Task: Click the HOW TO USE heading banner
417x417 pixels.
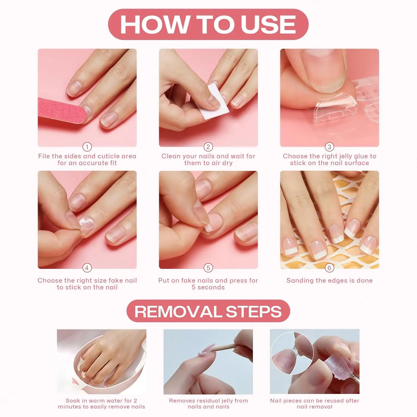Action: tap(208, 24)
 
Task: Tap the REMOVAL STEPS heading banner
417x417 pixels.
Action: tap(208, 311)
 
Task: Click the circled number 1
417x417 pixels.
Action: tap(87, 147)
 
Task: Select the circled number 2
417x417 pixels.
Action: tap(208, 147)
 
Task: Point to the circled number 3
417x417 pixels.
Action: tap(329, 147)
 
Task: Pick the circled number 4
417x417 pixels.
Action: tap(87, 268)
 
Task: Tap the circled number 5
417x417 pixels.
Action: tap(208, 268)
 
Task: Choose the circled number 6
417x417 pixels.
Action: tap(329, 268)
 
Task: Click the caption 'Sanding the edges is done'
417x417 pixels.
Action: tap(329, 281)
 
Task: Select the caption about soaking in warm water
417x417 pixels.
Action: tap(101, 404)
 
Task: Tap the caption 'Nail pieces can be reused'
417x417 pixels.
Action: tap(314, 404)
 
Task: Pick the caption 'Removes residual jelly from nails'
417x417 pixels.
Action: tap(208, 404)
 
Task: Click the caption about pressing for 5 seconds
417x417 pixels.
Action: tap(208, 284)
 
